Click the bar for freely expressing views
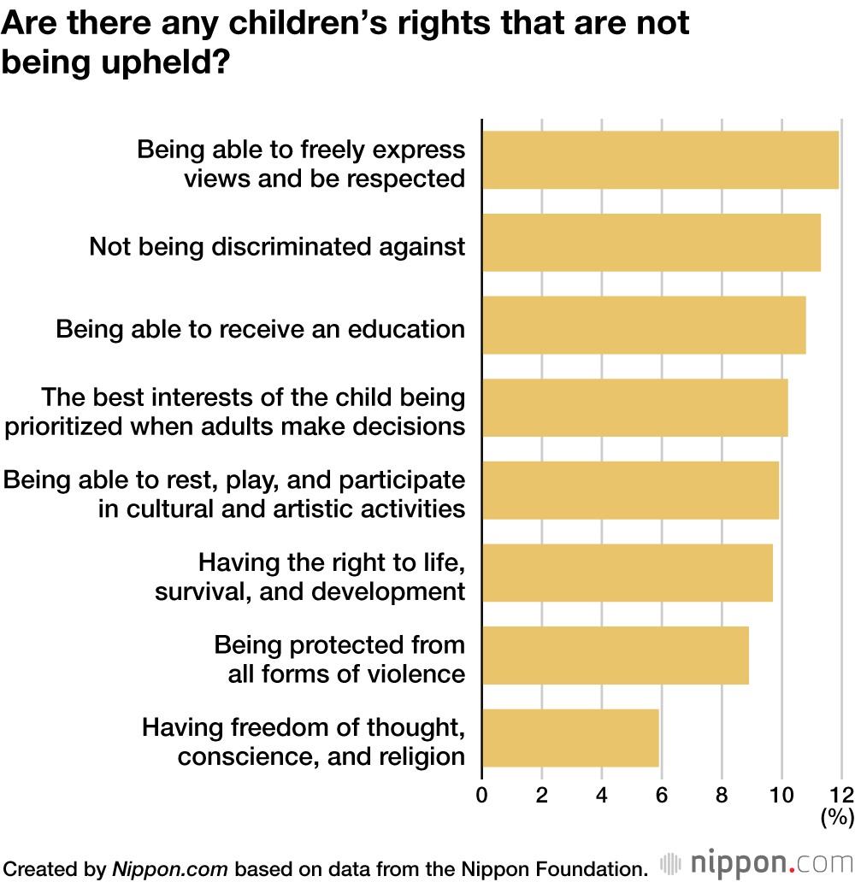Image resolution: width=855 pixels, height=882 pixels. [x=660, y=160]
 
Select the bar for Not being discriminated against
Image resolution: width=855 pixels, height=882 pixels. [x=651, y=242]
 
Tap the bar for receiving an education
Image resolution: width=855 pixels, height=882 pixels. [x=643, y=325]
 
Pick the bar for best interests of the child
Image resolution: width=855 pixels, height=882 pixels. [x=634, y=408]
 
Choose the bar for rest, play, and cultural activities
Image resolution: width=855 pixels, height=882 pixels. [x=630, y=491]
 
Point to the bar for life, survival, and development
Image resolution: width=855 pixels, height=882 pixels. [x=627, y=573]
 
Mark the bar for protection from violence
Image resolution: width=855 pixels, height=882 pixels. [x=615, y=656]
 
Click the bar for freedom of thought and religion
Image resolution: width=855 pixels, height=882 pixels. [x=570, y=738]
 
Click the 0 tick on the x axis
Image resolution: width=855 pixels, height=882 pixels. [x=482, y=794]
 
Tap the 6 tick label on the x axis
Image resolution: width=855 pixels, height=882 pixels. [x=662, y=794]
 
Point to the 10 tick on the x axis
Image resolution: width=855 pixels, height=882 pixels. [x=781, y=794]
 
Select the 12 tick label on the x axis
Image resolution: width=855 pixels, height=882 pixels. [x=841, y=794]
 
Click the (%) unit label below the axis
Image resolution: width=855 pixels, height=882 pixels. [x=837, y=818]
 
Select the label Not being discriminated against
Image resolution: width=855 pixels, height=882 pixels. [x=278, y=247]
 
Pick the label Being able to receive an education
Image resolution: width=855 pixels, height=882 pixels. [x=261, y=329]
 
